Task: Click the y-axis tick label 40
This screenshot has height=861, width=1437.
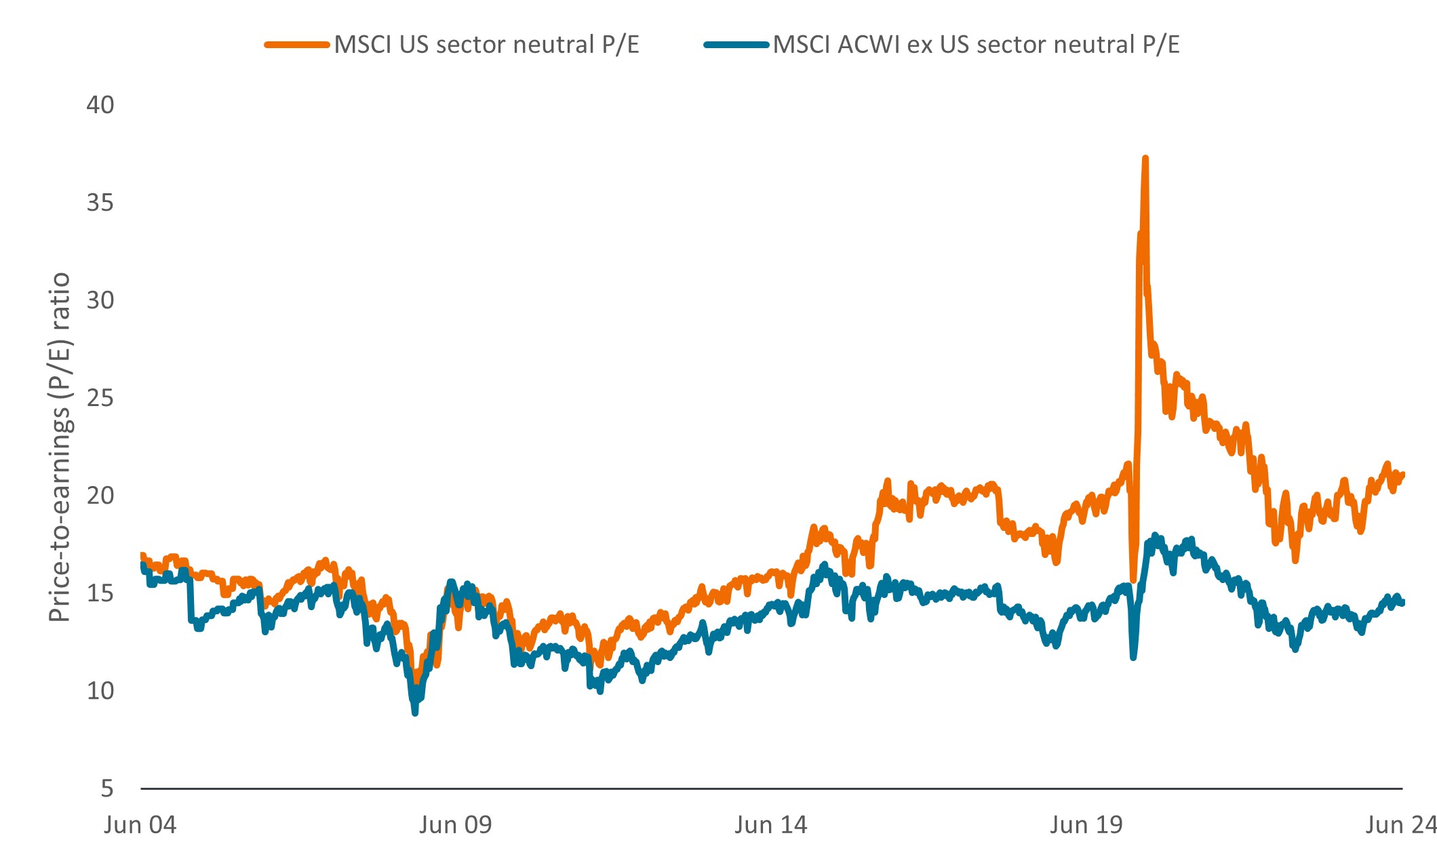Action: [100, 105]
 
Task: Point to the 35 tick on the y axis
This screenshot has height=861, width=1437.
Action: [100, 203]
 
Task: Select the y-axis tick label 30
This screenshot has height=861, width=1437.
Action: [100, 300]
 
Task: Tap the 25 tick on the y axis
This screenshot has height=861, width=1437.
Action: [100, 398]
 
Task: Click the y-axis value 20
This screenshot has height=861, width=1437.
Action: [100, 496]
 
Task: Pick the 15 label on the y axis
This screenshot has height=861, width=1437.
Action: [100, 593]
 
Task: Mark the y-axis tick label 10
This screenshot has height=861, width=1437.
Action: [100, 691]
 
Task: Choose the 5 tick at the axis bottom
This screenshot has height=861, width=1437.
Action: [107, 788]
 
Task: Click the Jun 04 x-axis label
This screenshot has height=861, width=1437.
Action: [140, 825]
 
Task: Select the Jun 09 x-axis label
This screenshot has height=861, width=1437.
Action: [455, 825]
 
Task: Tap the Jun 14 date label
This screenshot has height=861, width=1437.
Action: [771, 825]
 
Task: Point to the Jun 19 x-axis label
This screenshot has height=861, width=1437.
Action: [1086, 825]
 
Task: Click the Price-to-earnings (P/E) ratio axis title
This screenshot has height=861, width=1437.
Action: [60, 447]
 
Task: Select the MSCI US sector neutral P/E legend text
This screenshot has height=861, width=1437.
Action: [486, 45]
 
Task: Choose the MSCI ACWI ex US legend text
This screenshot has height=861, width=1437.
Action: [976, 45]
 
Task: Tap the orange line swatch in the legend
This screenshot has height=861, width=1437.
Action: [297, 45]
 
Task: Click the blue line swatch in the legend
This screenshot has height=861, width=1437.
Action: [736, 45]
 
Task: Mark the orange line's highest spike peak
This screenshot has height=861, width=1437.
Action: [1145, 159]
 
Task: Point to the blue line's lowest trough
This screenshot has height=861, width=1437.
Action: [415, 712]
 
